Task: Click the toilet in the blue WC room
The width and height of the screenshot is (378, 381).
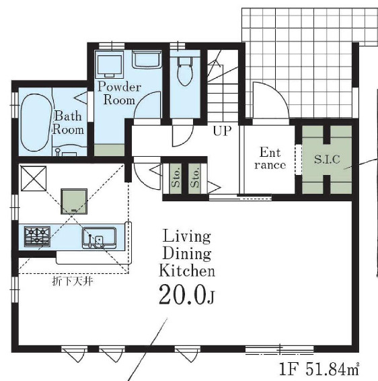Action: point(185,71)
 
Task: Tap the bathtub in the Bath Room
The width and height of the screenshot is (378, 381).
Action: point(36,123)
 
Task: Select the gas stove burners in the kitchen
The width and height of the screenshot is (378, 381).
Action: point(37,236)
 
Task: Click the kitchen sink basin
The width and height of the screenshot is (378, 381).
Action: point(99,238)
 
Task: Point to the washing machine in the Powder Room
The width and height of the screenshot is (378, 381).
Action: point(109,64)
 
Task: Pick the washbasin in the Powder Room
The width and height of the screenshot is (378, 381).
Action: point(147,59)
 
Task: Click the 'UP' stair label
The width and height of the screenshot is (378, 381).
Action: point(222,131)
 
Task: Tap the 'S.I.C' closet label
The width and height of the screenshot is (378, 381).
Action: point(327,160)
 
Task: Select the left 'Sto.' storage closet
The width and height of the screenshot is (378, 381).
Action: point(176,178)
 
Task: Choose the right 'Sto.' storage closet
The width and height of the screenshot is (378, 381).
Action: point(194,178)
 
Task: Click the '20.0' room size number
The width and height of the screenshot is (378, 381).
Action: point(182,295)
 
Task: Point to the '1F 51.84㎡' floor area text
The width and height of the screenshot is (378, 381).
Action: point(319,369)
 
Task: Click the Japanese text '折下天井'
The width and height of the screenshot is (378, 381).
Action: point(73,281)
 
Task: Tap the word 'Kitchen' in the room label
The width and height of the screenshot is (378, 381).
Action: point(187,271)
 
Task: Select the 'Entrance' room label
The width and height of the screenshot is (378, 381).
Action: point(270,158)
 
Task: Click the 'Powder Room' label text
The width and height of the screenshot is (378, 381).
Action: point(119,94)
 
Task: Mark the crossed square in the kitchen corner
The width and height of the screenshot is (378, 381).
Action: point(33,178)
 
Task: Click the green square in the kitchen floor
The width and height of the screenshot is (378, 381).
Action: point(74,201)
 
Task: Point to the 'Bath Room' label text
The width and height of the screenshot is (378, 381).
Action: point(68,123)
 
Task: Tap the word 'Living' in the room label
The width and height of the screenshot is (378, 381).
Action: point(186,236)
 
